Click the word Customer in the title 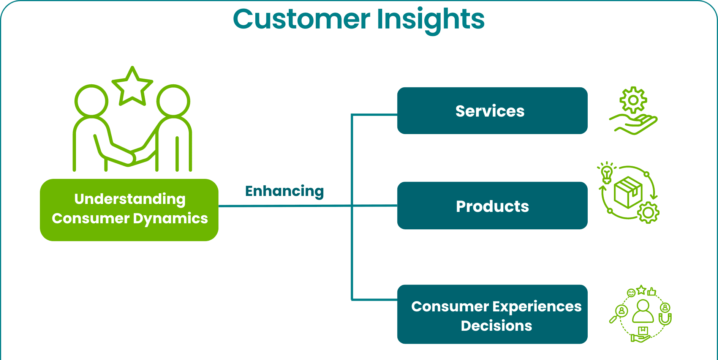302,19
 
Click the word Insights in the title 431,20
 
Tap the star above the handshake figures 132,86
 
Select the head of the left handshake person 91,101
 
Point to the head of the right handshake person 173,101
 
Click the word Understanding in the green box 130,199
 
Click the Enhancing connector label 285,191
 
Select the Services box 492,111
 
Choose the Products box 492,205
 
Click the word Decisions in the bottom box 496,326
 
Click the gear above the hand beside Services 633,100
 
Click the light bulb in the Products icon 607,173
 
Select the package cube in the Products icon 628,192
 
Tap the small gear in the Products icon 648,213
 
